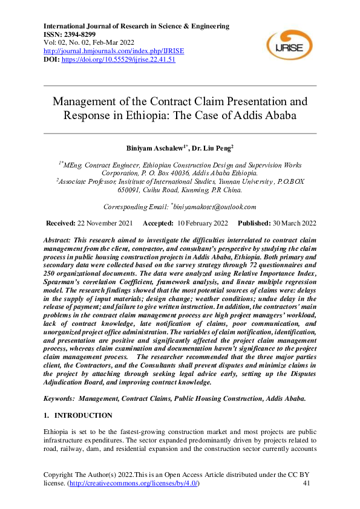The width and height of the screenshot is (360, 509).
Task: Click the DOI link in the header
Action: (119, 60)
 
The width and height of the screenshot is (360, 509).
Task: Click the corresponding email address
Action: (214, 207)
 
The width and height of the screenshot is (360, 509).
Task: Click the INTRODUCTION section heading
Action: (83, 416)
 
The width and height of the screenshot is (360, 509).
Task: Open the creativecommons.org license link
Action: (132, 484)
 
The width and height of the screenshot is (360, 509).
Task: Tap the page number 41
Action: (306, 484)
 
